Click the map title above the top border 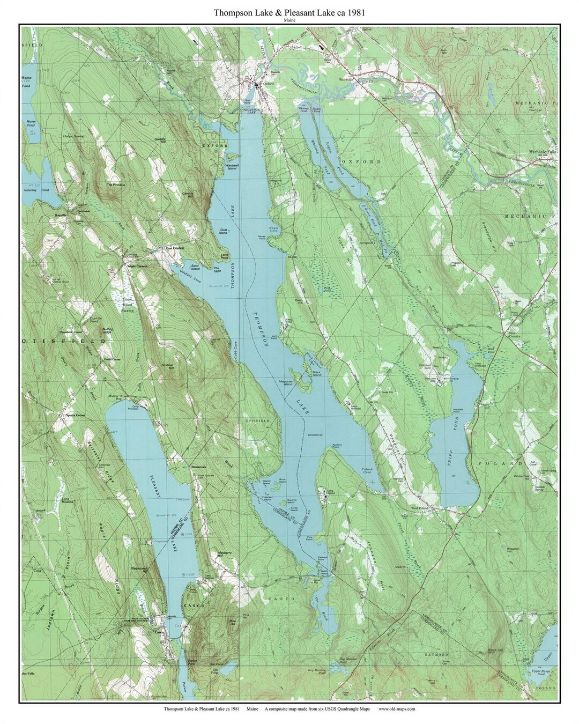pyautogui.click(x=289, y=12)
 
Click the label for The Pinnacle pyautogui.click(x=115, y=184)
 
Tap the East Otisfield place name pyautogui.click(x=175, y=248)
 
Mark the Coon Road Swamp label pyautogui.click(x=127, y=304)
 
